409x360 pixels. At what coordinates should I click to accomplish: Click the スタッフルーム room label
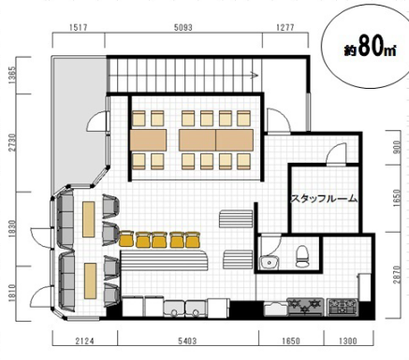(x=324, y=198)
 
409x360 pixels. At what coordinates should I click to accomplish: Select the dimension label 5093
(x=183, y=28)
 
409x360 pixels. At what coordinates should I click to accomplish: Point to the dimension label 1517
(x=79, y=27)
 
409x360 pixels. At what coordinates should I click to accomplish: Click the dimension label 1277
(x=285, y=27)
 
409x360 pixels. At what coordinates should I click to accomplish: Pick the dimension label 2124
(x=85, y=341)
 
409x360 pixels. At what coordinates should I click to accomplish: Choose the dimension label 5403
(x=187, y=341)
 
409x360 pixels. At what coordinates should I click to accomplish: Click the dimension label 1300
(x=347, y=341)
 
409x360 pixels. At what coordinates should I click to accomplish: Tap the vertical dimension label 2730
(x=12, y=143)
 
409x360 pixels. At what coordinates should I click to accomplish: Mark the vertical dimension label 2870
(x=397, y=275)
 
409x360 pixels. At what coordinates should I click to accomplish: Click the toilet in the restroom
(x=302, y=256)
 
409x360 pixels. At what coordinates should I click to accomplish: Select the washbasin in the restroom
(x=270, y=262)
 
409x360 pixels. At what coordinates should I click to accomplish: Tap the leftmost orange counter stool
(x=126, y=239)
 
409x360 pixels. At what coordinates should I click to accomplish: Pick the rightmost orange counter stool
(x=193, y=239)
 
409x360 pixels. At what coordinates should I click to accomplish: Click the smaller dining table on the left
(x=148, y=140)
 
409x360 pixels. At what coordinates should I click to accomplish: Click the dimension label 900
(x=397, y=147)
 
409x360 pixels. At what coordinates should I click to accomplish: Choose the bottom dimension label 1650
(x=291, y=341)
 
